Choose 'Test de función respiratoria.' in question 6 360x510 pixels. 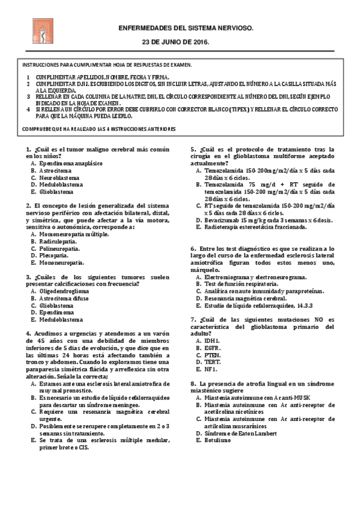click(241, 284)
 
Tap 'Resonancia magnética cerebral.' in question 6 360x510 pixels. click(245, 298)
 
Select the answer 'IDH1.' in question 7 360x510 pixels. click(212, 340)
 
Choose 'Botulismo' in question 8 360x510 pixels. click(217, 440)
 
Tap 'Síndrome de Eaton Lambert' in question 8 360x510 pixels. click(240, 433)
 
